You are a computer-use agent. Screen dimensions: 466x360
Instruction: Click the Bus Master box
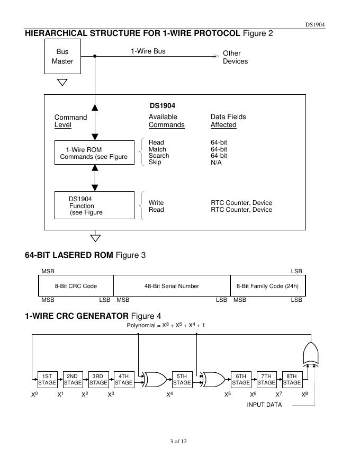[x=62, y=57]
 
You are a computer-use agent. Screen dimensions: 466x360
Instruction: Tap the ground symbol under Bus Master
[x=62, y=82]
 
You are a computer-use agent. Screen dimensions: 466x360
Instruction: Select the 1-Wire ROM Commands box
[x=94, y=153]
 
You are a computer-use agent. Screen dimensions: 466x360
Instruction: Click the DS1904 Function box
[x=94, y=205]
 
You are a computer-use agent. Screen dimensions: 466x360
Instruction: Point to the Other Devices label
[x=235, y=57]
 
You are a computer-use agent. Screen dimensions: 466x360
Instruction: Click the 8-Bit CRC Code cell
[x=76, y=286]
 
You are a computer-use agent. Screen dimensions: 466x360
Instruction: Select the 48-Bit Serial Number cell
[x=172, y=286]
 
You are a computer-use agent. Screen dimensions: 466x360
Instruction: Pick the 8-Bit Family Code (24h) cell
[x=267, y=286]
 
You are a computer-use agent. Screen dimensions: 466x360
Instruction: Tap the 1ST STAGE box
[x=47, y=379]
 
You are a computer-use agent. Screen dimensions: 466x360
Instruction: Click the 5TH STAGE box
[x=182, y=379]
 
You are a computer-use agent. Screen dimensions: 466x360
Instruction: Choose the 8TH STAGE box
[x=292, y=379]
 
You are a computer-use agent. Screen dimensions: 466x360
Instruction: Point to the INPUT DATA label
[x=264, y=405]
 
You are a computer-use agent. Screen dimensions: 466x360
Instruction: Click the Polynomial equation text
[x=165, y=325]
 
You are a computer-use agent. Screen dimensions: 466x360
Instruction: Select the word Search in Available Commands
[x=159, y=156]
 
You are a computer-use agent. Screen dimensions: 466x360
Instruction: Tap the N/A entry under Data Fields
[x=216, y=162]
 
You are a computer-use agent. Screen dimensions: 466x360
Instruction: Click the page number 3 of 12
[x=179, y=442]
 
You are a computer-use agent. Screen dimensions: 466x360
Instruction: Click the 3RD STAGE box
[x=98, y=379]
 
